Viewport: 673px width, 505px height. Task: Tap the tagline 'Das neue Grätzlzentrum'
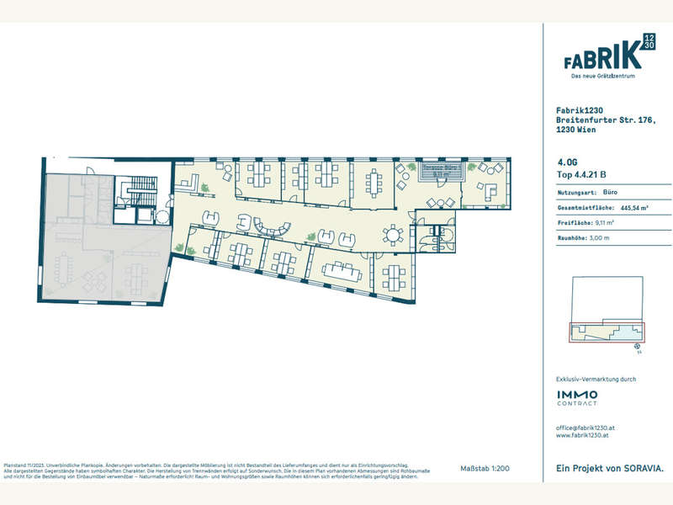[x=602, y=77]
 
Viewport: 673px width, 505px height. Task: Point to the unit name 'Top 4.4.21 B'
[x=581, y=175]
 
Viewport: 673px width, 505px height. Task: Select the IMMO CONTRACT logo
[x=577, y=397]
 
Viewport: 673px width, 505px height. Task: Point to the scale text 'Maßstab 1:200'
[x=485, y=468]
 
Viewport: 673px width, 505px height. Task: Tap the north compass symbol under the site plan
[x=637, y=344]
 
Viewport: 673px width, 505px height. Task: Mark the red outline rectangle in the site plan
[x=605, y=332]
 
